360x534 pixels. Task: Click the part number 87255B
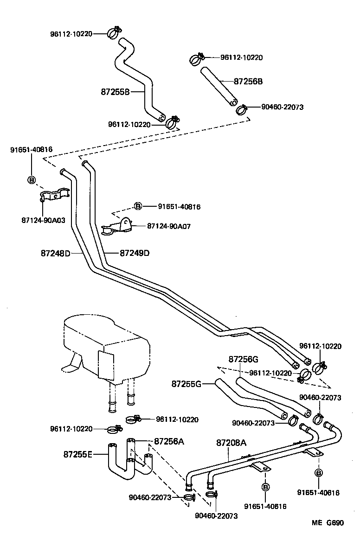click(x=115, y=92)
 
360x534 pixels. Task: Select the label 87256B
click(x=248, y=81)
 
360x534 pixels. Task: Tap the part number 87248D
click(x=55, y=254)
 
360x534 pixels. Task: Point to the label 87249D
click(x=135, y=254)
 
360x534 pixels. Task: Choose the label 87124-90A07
click(x=169, y=226)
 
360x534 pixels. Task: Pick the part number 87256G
click(x=243, y=360)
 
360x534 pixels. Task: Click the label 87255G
click(x=186, y=384)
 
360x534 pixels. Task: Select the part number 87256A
click(x=169, y=441)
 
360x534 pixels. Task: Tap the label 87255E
click(x=78, y=454)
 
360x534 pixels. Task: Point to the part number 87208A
click(x=231, y=443)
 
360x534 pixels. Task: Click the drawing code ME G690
click(x=328, y=522)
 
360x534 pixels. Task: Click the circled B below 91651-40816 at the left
click(x=32, y=180)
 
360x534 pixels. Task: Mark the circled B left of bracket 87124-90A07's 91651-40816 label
click(x=138, y=206)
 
